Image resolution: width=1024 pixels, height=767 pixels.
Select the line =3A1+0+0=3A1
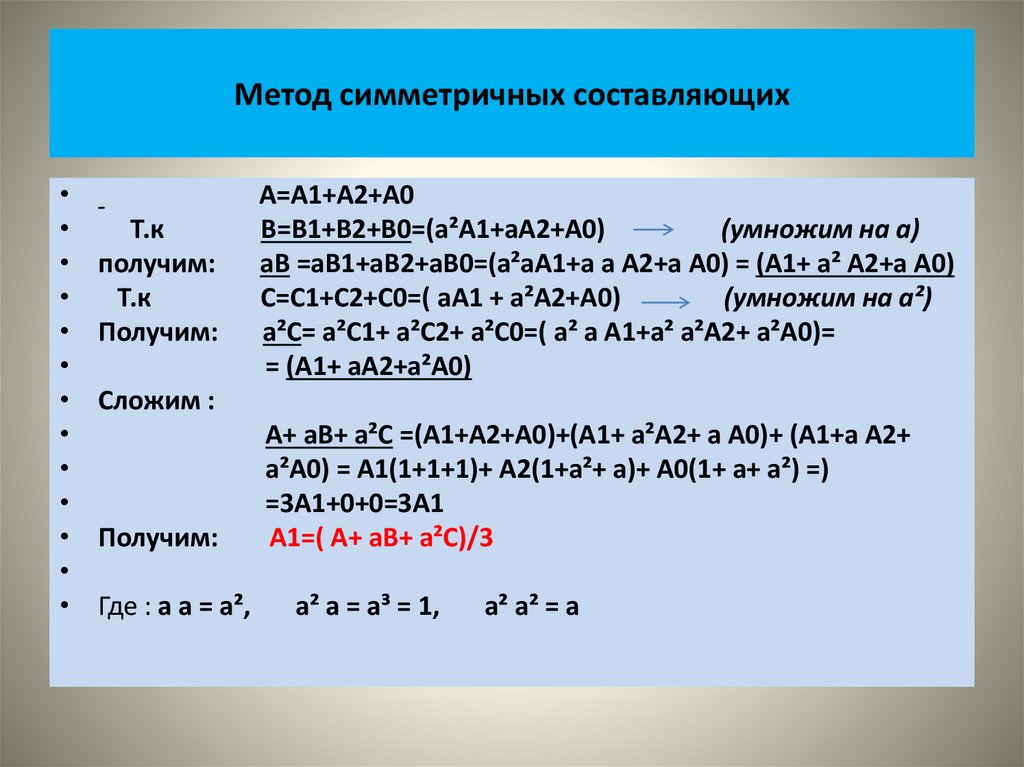point(355,503)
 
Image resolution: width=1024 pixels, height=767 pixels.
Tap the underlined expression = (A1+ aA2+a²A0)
point(368,367)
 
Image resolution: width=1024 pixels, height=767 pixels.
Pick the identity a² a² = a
point(532,607)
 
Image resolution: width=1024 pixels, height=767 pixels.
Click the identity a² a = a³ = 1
point(368,607)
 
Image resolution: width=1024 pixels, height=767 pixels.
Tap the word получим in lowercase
point(155,264)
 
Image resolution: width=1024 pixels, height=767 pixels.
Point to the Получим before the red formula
point(158,538)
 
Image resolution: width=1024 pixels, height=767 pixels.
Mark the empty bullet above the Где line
point(63,572)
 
